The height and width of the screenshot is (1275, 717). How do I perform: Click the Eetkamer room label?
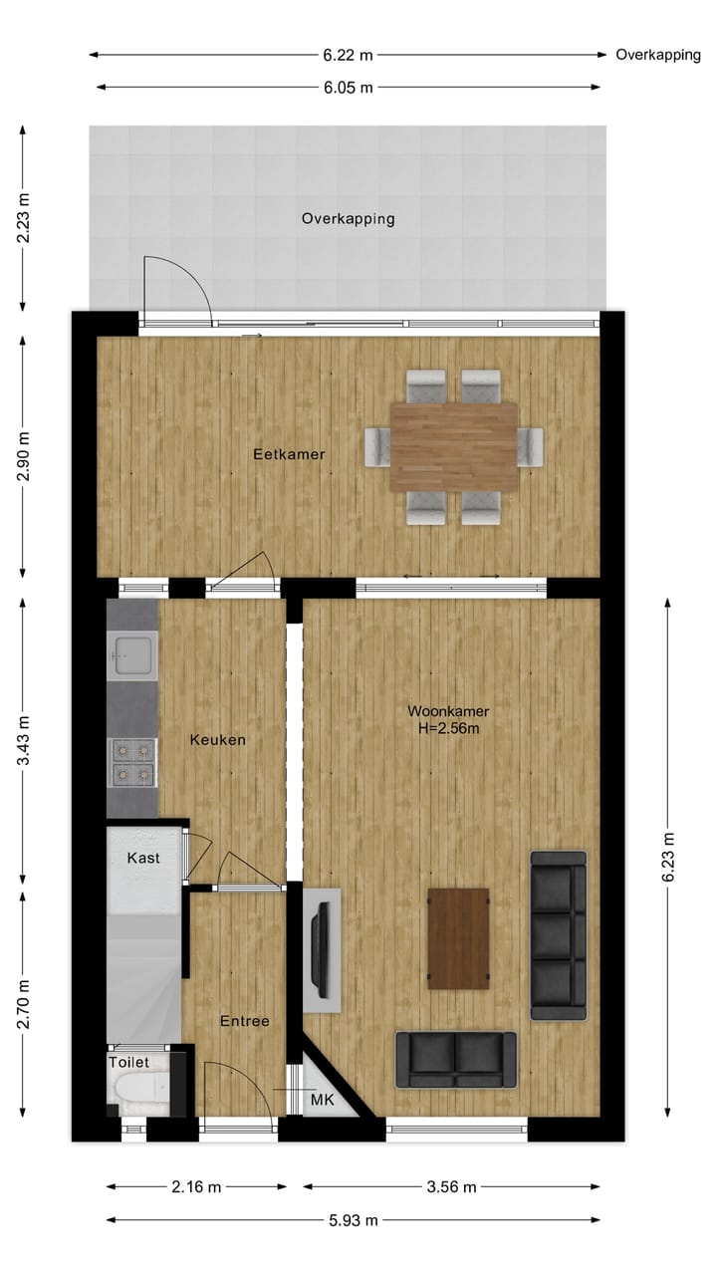(289, 454)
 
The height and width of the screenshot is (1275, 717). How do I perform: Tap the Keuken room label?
(217, 740)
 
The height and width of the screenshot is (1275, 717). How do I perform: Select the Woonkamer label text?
(447, 711)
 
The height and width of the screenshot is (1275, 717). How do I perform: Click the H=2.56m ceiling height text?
(447, 728)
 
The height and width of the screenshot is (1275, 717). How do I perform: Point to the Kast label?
(143, 858)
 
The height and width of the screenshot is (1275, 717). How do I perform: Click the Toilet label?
(128, 1063)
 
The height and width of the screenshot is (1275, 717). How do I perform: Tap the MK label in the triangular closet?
(322, 1101)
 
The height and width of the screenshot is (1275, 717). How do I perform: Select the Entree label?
(244, 1021)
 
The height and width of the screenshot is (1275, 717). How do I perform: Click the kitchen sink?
(132, 653)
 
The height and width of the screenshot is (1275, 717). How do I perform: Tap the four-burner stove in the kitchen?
(132, 761)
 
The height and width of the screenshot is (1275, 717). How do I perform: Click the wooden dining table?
(454, 446)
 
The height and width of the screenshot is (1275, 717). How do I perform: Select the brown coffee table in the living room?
(458, 938)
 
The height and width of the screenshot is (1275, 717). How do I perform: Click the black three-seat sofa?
(558, 935)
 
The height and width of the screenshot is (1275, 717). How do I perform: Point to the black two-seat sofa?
(456, 1060)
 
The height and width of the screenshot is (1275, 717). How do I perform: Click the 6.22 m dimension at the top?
(348, 55)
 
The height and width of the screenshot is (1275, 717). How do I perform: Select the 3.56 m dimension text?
(450, 1186)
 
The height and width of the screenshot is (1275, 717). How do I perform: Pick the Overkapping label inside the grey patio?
(348, 218)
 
